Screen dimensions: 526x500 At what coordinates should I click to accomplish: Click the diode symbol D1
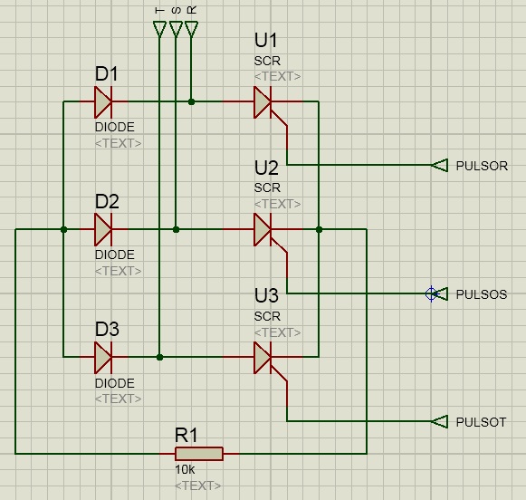click(103, 102)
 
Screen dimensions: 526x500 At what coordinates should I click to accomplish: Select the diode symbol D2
click(103, 229)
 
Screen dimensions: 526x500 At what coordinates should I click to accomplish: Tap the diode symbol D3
click(103, 358)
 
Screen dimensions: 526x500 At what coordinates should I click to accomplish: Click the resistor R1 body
click(199, 454)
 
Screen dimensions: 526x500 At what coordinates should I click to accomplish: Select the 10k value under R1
click(185, 470)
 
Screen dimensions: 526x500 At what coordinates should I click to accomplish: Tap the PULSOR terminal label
click(482, 166)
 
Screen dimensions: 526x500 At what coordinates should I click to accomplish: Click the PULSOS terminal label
click(482, 294)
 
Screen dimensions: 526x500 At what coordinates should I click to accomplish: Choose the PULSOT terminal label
click(481, 422)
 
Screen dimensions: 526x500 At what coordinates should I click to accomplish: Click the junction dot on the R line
click(191, 101)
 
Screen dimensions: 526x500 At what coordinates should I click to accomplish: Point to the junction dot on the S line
click(176, 229)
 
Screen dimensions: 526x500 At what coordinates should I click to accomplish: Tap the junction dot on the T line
click(159, 358)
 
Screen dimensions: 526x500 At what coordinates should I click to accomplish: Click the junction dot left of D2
click(63, 229)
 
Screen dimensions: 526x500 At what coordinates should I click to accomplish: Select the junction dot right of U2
click(319, 229)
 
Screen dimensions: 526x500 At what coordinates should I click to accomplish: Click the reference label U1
click(265, 40)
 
